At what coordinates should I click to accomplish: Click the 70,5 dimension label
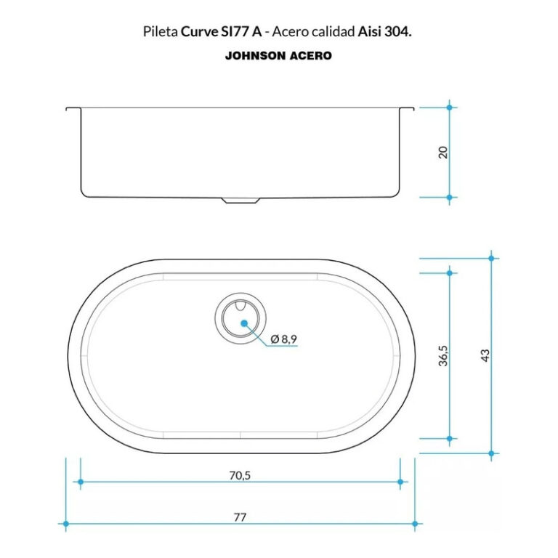240,475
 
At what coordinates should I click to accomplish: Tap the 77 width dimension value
240,517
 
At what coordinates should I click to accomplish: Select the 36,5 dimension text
443,355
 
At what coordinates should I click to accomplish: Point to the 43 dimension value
485,355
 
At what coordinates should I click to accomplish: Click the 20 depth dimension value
443,153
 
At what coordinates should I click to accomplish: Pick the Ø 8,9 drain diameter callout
283,339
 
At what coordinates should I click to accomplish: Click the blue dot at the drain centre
244,323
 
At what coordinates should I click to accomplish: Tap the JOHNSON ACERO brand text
279,55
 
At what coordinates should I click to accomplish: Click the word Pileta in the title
161,32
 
